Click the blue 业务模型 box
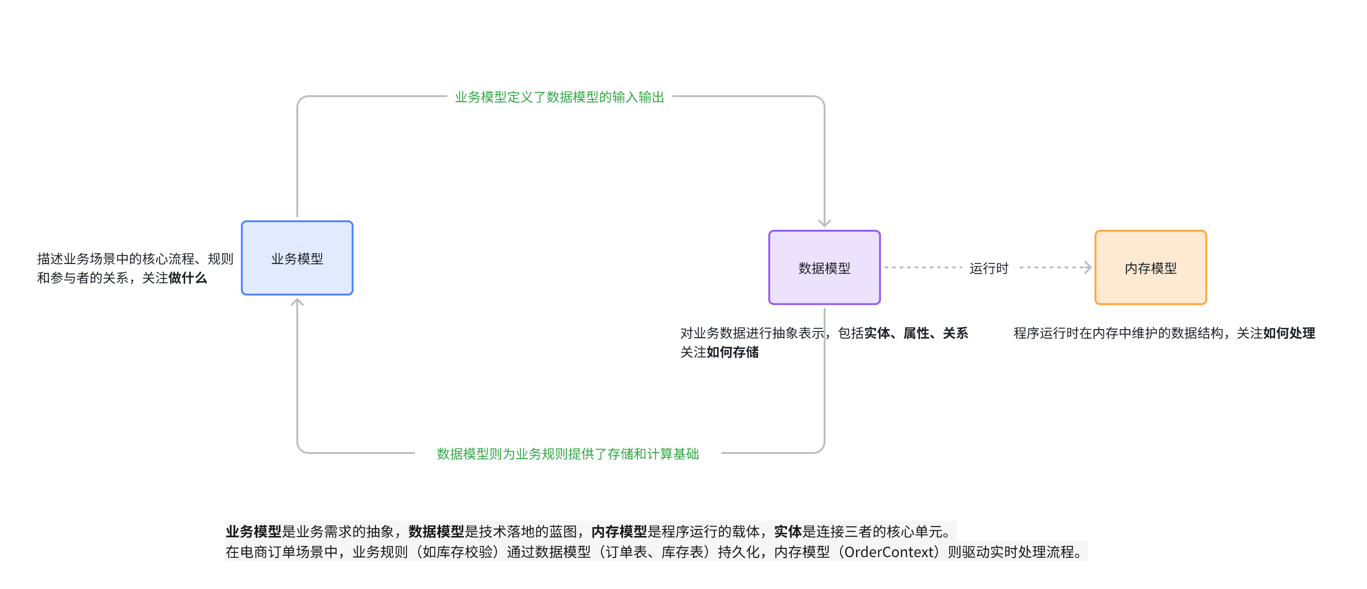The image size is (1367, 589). pos(297,258)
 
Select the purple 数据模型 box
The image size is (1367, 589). pos(824,267)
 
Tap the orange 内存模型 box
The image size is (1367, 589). pos(1150,267)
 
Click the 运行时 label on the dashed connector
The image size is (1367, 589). pos(989,268)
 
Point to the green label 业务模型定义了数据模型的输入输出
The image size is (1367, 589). pos(559,97)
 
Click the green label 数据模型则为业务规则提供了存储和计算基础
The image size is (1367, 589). pos(568,453)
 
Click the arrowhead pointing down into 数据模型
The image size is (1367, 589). pos(824,223)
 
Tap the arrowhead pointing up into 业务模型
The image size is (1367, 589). pos(297,302)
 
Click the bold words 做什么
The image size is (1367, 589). pos(188,278)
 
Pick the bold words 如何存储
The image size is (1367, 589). pos(732,352)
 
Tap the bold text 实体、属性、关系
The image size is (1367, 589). pos(916,332)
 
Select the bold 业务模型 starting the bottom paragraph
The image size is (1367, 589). pos(253,531)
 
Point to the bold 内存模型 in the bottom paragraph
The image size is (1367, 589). pos(619,531)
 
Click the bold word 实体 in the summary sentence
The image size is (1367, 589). pos(788,531)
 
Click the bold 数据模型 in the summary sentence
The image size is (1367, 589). pos(436,531)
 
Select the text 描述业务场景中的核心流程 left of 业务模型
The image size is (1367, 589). pos(116,258)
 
